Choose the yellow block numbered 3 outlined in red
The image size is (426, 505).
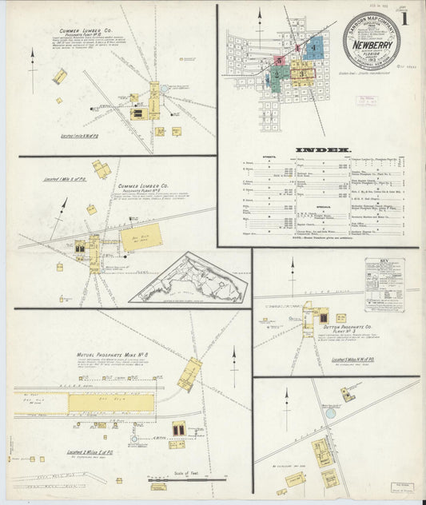303,74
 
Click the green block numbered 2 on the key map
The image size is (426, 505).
277,76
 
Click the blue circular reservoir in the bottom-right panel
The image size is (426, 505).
330,413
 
